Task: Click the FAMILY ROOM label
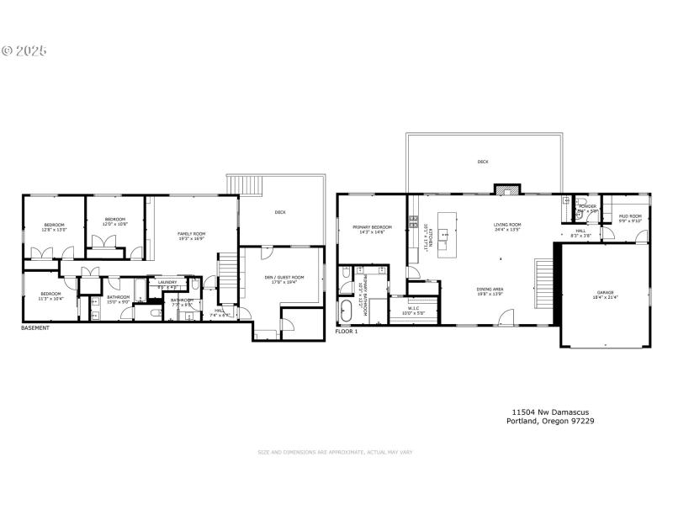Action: (x=191, y=236)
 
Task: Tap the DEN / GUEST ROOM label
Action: (x=283, y=279)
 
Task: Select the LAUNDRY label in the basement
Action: (x=167, y=283)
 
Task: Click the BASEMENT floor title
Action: (x=35, y=328)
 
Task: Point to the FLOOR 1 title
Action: (x=347, y=332)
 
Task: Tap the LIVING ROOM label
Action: (x=507, y=226)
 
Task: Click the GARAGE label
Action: (x=606, y=295)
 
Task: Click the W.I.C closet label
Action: (x=414, y=311)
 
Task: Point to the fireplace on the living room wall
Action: (x=503, y=189)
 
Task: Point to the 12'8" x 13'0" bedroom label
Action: (x=54, y=227)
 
